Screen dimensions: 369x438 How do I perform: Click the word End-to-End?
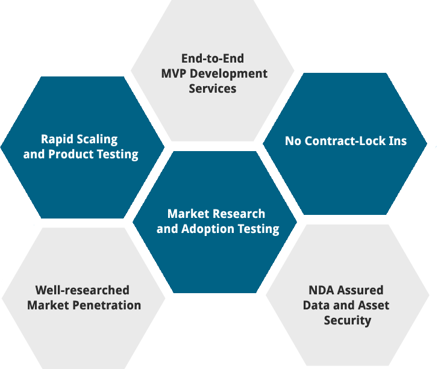click(212, 58)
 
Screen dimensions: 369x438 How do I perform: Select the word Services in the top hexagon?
click(212, 88)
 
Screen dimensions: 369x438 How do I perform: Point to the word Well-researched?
click(82, 290)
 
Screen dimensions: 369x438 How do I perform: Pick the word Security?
click(347, 320)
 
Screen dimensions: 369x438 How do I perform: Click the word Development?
click(231, 73)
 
